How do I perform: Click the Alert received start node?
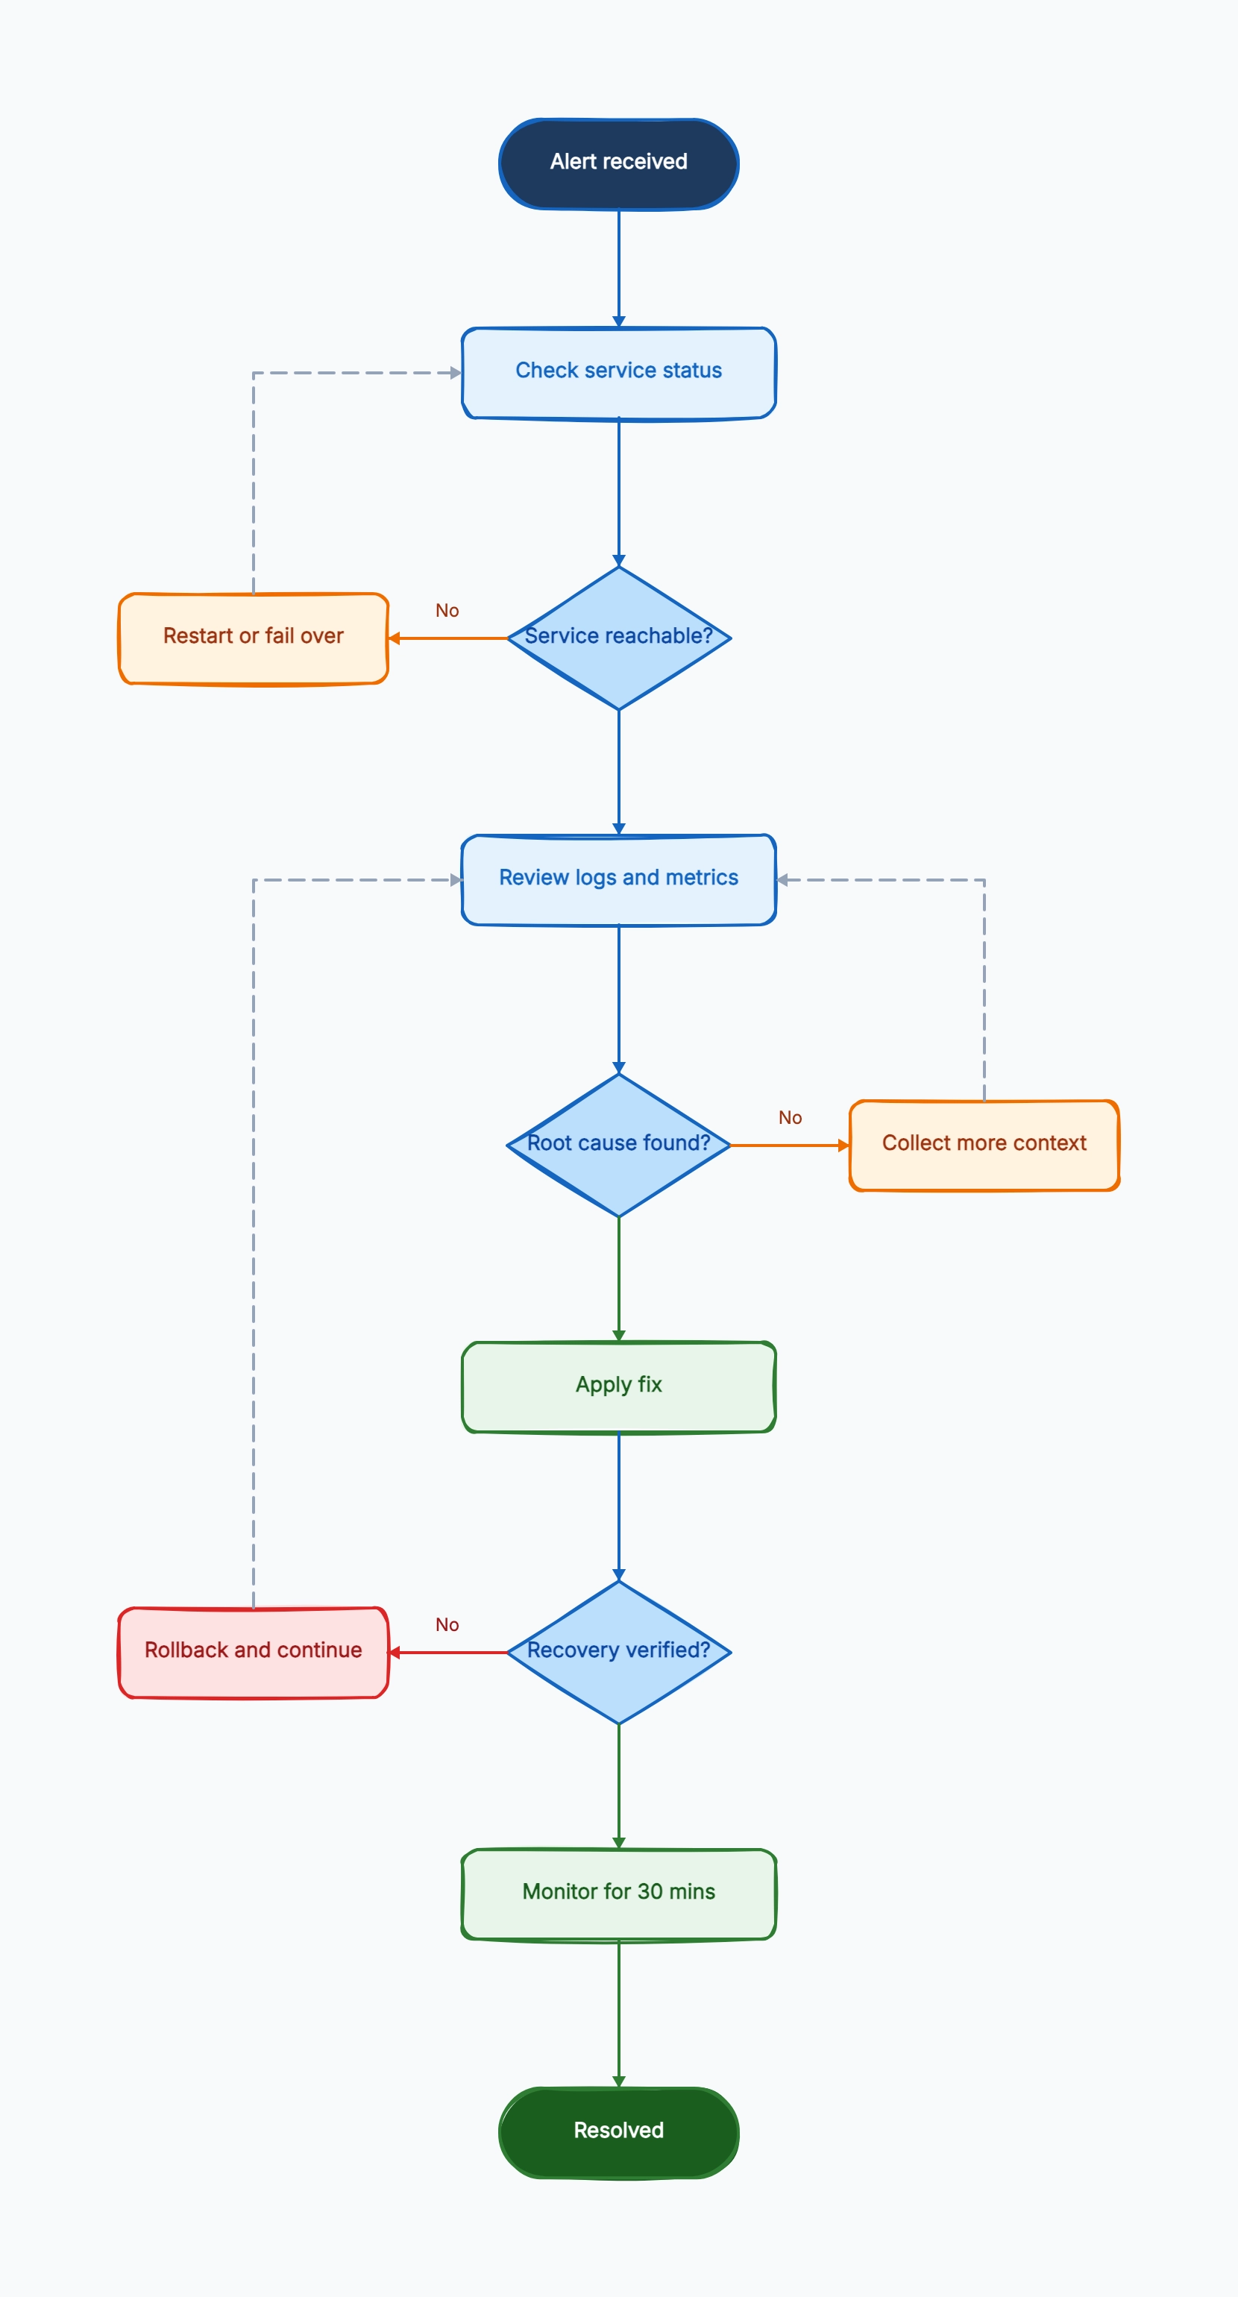619,164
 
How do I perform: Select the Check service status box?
619,373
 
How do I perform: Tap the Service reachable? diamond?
619,638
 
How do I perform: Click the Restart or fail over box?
254,638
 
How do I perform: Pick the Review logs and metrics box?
619,879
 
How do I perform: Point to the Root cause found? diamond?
619,1145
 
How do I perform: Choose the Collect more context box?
984,1145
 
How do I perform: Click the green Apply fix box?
619,1386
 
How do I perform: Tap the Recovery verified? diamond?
619,1653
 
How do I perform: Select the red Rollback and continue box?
254,1653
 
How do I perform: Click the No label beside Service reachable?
447,611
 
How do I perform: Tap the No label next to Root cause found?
791,1118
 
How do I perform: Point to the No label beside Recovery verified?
447,1624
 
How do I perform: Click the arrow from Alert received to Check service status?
619,268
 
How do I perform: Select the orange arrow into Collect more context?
791,1145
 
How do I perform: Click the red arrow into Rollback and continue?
447,1653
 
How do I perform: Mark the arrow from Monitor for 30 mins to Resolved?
619,2014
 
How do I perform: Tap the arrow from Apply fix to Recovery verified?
619,1507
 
